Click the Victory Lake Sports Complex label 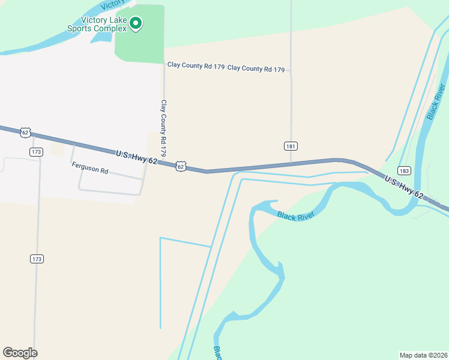tap(96, 24)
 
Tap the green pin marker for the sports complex tap(136, 24)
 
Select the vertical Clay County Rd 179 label tap(163, 128)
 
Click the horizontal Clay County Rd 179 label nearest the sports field tap(196, 65)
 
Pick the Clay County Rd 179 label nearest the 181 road tap(256, 68)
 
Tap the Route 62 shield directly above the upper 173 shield tap(25, 131)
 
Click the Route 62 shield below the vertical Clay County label tap(180, 166)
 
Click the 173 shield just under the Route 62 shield tap(37, 152)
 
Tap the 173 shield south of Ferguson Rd tap(37, 259)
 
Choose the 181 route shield tap(291, 146)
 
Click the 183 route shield tap(404, 170)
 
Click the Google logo tap(20, 353)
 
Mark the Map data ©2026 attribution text tap(424, 355)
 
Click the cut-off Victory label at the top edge tap(113, 5)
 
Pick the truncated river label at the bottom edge tap(217, 352)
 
